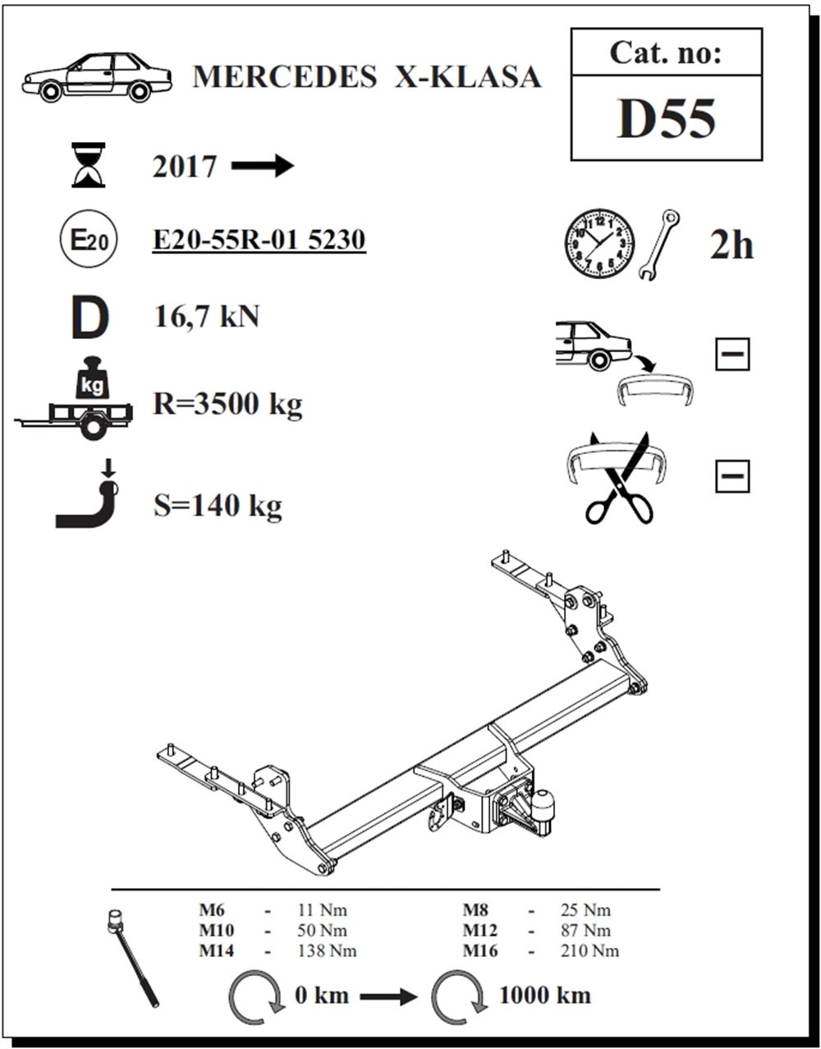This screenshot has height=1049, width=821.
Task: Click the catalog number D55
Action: click(x=666, y=119)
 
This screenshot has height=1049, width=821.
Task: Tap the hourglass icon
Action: click(x=89, y=165)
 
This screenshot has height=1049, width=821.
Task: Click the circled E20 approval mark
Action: click(x=89, y=240)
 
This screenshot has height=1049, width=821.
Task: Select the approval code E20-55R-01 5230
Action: click(x=259, y=240)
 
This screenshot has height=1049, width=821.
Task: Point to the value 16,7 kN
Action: click(x=207, y=317)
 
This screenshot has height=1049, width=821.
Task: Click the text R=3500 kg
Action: click(x=227, y=404)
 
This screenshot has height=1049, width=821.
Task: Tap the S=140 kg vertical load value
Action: click(x=218, y=506)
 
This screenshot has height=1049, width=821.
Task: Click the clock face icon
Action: click(x=599, y=243)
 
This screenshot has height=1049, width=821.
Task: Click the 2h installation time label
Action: click(x=732, y=245)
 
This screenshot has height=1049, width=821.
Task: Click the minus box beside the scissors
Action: click(x=732, y=476)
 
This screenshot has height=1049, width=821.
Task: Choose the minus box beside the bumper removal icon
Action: click(x=732, y=354)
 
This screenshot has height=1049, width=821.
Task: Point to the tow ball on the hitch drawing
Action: click(x=543, y=804)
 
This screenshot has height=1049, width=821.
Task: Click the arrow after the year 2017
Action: click(x=263, y=167)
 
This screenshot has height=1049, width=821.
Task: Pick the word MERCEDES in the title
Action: click(x=285, y=77)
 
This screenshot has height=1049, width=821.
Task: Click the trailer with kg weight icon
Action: click(x=74, y=398)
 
